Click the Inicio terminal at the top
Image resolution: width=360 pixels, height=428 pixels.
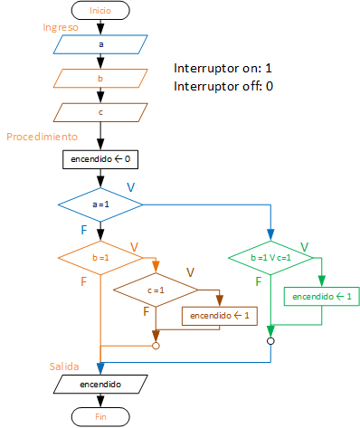100,11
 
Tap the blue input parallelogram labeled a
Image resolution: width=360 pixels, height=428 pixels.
100,43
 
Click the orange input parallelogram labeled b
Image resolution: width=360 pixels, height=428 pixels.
100,79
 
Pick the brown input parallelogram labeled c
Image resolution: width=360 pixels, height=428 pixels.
100,113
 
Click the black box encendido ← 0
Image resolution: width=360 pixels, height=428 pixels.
100,159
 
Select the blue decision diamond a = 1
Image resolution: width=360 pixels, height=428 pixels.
100,205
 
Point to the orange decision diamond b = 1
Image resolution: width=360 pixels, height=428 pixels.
100,257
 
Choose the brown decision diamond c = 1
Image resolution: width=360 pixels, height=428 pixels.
156,290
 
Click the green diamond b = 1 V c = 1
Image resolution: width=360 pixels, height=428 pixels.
270,257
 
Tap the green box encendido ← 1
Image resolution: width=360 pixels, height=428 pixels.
321,296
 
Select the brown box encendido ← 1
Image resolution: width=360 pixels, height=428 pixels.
220,316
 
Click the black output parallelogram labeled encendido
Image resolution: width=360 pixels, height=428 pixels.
100,384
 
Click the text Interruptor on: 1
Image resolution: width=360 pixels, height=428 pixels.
222,69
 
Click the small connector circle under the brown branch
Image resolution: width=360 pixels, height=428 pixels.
156,345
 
